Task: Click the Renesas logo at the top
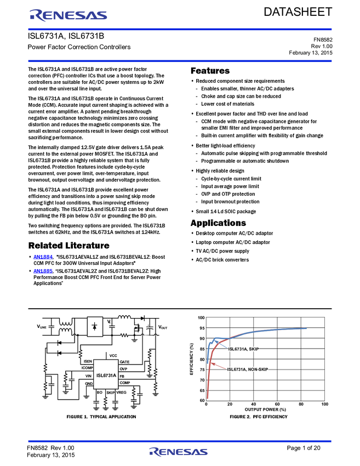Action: coord(68,15)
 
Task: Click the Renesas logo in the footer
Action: coord(179,452)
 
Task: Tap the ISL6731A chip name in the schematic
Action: coord(106,376)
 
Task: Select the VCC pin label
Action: coord(113,356)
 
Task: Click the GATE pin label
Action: coord(124,362)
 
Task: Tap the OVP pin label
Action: coord(123,369)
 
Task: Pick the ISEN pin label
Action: coord(88,362)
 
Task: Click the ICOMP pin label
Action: coord(87,368)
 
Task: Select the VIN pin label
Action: coord(89,376)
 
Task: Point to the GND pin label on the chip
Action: coord(89,383)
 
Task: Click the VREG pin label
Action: coord(121,393)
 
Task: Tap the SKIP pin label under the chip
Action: coord(110,393)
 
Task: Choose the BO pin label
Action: coord(100,393)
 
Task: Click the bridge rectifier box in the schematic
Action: coord(95,326)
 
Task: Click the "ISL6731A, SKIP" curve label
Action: coord(243,349)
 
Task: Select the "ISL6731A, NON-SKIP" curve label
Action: coord(248,370)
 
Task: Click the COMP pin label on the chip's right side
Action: coord(124,383)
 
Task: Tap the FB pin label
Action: coord(122,376)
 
